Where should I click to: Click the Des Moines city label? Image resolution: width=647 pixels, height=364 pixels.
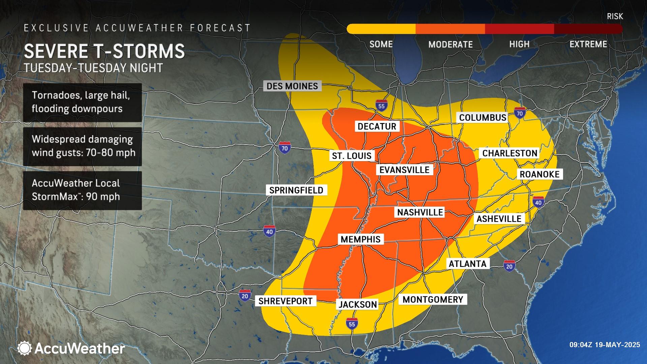(x=292, y=86)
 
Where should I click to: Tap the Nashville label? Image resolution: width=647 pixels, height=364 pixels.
(x=420, y=212)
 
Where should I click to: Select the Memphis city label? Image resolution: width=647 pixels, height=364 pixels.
(x=361, y=239)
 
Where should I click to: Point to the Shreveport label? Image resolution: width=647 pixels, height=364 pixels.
(x=285, y=301)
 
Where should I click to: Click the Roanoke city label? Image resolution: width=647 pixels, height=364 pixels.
(x=540, y=174)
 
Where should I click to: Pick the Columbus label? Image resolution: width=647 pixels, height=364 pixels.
(x=483, y=117)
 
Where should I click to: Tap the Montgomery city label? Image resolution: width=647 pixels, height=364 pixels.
(x=433, y=299)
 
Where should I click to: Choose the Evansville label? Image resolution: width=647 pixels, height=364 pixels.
(x=404, y=170)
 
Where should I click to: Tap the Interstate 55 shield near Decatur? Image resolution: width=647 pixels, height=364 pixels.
(x=381, y=105)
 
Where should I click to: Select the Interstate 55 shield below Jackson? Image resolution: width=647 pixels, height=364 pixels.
(x=351, y=323)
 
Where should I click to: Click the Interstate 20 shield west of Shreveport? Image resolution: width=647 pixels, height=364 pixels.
(x=245, y=295)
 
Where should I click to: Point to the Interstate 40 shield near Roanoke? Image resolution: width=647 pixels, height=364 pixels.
(x=538, y=202)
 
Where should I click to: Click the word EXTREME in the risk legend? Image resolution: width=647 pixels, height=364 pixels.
(x=588, y=44)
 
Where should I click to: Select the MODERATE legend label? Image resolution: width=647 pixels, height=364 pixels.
(x=451, y=44)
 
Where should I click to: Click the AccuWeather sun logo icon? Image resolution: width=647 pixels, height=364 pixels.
(x=25, y=348)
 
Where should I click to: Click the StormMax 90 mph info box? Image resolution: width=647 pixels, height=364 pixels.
(x=82, y=190)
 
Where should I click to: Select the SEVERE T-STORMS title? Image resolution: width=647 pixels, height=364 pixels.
(x=104, y=51)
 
